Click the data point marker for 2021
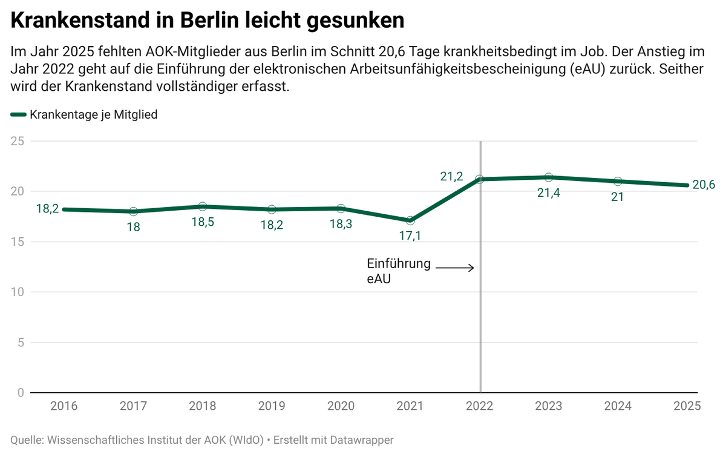point(410,220)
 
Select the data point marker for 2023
point(549,177)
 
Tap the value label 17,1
point(410,236)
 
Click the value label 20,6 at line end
point(704,185)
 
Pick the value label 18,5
point(203,222)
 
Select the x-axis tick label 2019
point(272,406)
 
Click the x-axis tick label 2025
point(687,406)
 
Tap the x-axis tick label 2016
point(64,406)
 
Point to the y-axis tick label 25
point(18,141)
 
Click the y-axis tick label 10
point(18,292)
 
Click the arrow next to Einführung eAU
point(454,268)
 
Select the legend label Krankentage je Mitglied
point(94,114)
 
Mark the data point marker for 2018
point(203,206)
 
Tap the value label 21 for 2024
point(618,197)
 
